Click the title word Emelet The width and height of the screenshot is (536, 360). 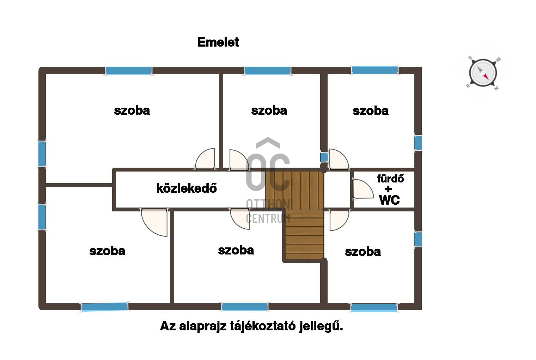click(218, 42)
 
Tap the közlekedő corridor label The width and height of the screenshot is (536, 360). click(187, 188)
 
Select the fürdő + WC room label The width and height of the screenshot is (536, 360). click(390, 189)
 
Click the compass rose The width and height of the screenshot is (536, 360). click(483, 73)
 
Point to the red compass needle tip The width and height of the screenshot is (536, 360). click(488, 79)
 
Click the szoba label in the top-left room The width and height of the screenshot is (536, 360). click(132, 111)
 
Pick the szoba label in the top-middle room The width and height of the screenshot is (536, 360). click(269, 111)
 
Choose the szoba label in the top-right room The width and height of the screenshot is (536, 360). click(371, 111)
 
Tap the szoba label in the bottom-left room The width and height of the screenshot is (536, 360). click(107, 251)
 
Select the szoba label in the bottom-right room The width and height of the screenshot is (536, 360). click(363, 252)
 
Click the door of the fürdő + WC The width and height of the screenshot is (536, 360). click(363, 189)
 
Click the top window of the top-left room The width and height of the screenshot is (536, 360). click(129, 71)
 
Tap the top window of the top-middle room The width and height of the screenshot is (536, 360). click(268, 71)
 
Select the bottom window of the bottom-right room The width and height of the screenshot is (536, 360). click(374, 307)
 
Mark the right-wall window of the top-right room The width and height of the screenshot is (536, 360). click(418, 143)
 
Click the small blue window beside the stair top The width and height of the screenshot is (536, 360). click(324, 157)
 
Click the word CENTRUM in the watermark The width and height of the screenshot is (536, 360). click(268, 218)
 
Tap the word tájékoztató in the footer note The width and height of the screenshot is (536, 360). click(263, 326)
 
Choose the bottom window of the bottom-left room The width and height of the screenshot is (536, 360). click(105, 307)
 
